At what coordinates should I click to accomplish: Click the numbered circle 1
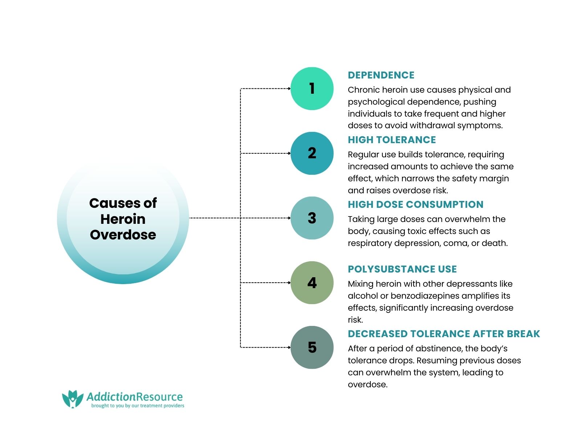tap(312, 89)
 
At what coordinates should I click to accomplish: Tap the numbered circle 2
tap(312, 153)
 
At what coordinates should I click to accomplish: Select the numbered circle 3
tap(312, 218)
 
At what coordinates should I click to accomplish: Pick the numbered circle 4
tap(312, 283)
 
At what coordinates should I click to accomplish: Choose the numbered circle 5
tap(312, 347)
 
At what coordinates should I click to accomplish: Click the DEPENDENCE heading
tap(381, 75)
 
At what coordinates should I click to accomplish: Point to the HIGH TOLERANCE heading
tap(391, 140)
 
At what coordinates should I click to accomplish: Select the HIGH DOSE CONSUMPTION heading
tap(415, 205)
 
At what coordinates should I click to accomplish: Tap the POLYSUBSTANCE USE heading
tap(402, 269)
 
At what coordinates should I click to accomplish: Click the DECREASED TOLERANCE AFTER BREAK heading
tap(444, 334)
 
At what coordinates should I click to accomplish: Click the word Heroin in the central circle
tap(123, 219)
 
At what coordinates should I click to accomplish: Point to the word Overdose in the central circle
tap(123, 235)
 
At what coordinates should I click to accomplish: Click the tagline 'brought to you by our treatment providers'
tap(138, 406)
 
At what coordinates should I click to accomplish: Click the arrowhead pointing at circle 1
tap(289, 89)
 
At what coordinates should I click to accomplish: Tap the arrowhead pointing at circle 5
tap(289, 347)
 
